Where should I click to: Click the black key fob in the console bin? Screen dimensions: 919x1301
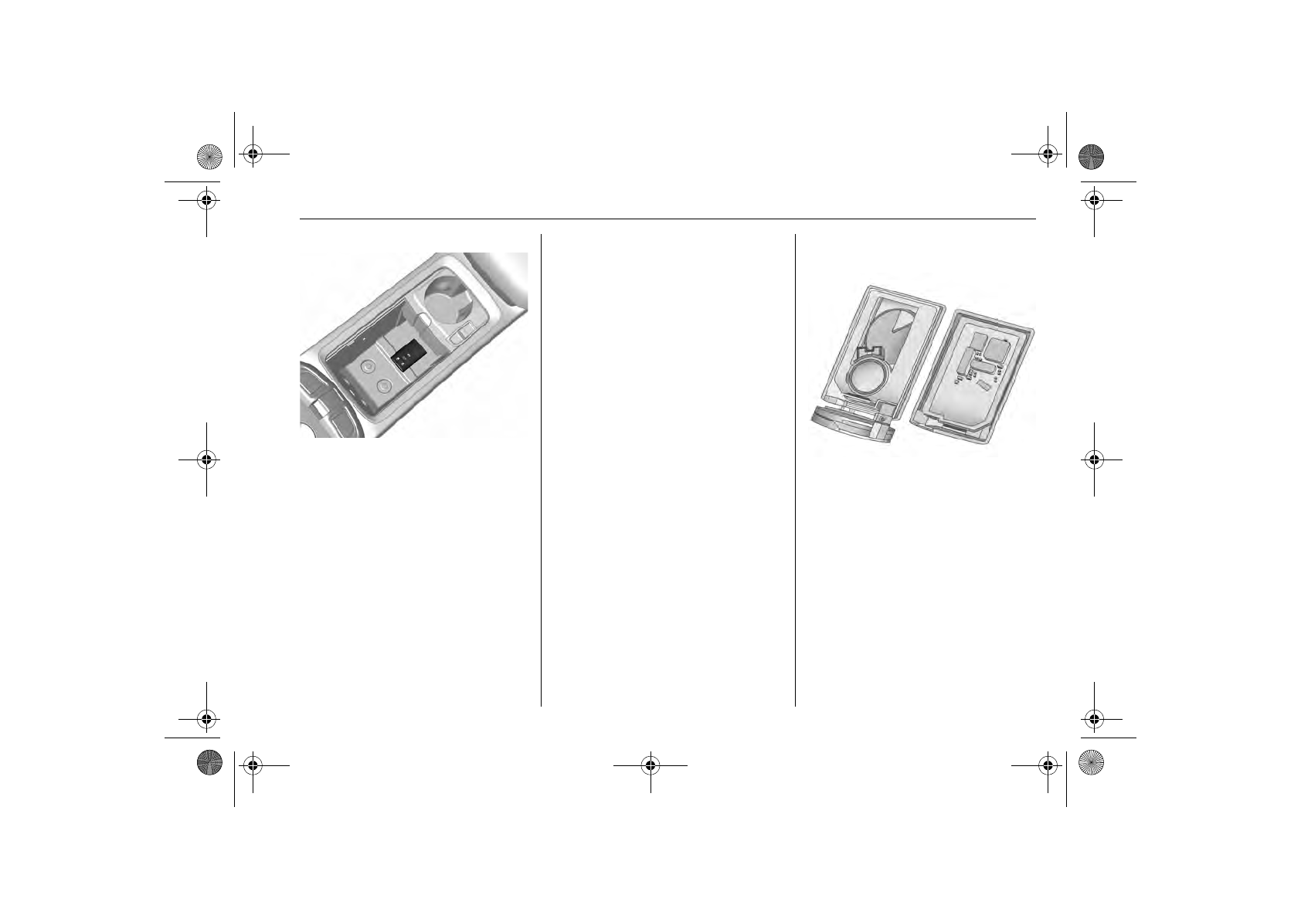[409, 358]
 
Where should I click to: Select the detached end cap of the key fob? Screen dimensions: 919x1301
[851, 425]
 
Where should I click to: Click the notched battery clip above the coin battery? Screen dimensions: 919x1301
[869, 355]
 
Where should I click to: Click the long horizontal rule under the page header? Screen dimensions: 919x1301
[667, 219]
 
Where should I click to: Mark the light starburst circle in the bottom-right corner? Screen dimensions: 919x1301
[1092, 762]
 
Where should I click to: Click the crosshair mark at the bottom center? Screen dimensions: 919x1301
[650, 765]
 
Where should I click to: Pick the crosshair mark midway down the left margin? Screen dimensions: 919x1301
[206, 459]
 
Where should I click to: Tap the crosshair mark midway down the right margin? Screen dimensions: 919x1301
[1093, 459]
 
